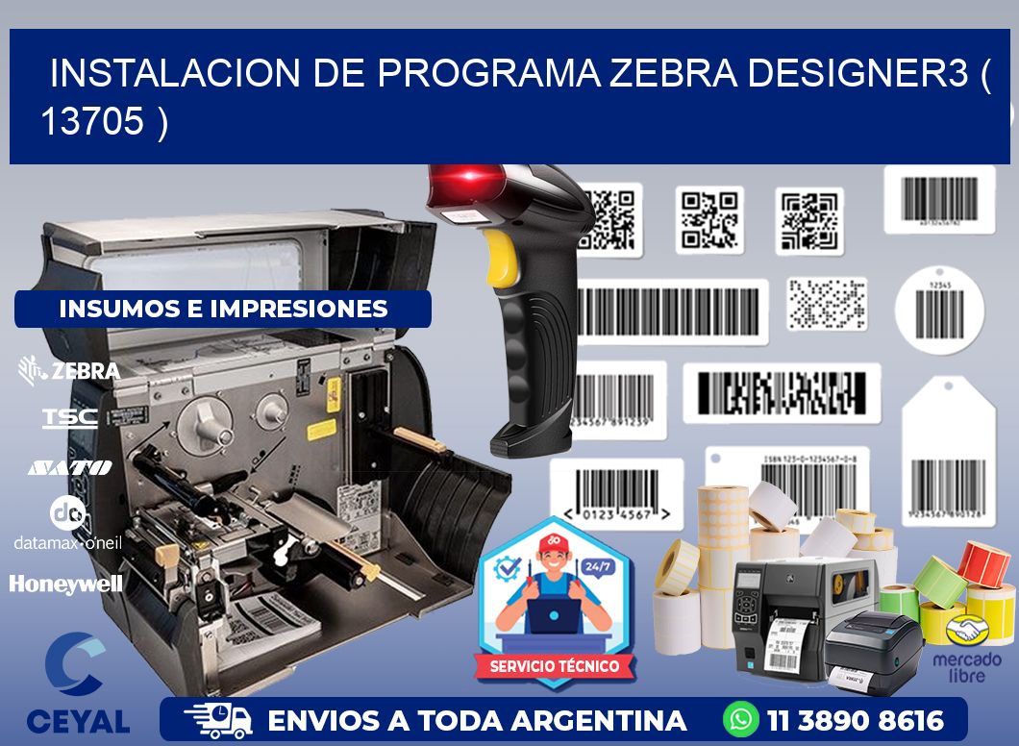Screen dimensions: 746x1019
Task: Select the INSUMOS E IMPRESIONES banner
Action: coord(223,309)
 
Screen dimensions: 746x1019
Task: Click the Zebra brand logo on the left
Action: coord(69,370)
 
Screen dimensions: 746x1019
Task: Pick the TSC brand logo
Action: coord(69,417)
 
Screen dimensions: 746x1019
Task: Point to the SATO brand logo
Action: coord(69,467)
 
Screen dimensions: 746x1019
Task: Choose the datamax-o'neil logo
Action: coord(67,524)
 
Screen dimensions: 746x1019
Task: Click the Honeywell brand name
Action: coord(66,584)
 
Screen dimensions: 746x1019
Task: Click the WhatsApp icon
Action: coord(741,720)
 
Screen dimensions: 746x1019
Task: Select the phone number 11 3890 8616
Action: coord(855,720)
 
